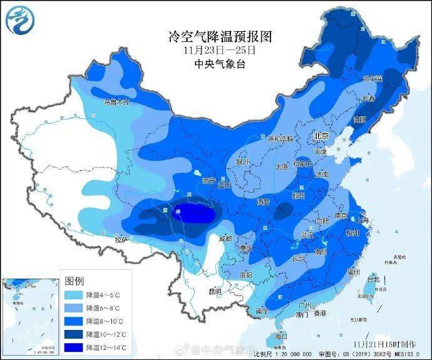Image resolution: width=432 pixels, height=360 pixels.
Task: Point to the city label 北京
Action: coord(321,136)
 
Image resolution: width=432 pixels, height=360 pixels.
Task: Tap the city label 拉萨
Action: coord(121,240)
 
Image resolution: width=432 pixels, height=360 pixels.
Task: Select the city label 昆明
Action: coord(215,291)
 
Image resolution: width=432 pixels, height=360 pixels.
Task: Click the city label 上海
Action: coord(362,220)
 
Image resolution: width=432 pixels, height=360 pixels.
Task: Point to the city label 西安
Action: coord(263,202)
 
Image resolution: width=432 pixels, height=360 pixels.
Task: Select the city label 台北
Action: coord(374,279)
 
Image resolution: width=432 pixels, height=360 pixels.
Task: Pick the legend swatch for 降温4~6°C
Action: coord(74,295)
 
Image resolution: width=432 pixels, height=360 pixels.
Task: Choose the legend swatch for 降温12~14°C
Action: coord(74,347)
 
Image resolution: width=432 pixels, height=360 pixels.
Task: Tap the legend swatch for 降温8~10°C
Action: coord(74,321)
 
